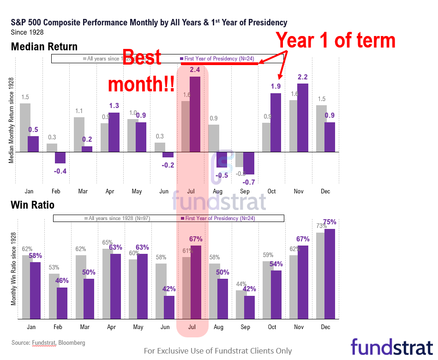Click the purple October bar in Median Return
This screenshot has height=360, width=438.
click(276, 123)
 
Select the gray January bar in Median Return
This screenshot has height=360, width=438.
click(25, 127)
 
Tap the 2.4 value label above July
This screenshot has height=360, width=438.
click(195, 70)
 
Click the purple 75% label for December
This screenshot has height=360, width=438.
click(330, 222)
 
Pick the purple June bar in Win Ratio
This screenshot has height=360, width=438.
click(169, 307)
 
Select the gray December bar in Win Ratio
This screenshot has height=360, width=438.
click(321, 276)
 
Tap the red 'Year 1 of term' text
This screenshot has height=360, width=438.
click(336, 41)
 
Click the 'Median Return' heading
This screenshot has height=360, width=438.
click(44, 47)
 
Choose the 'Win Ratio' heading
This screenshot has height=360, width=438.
click(33, 204)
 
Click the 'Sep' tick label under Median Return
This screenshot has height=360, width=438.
click(245, 191)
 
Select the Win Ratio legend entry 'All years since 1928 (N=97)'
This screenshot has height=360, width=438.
click(118, 218)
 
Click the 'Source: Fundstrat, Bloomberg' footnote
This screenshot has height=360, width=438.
click(48, 343)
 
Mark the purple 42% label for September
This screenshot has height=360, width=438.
click(249, 289)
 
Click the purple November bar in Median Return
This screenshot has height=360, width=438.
click(302, 118)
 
